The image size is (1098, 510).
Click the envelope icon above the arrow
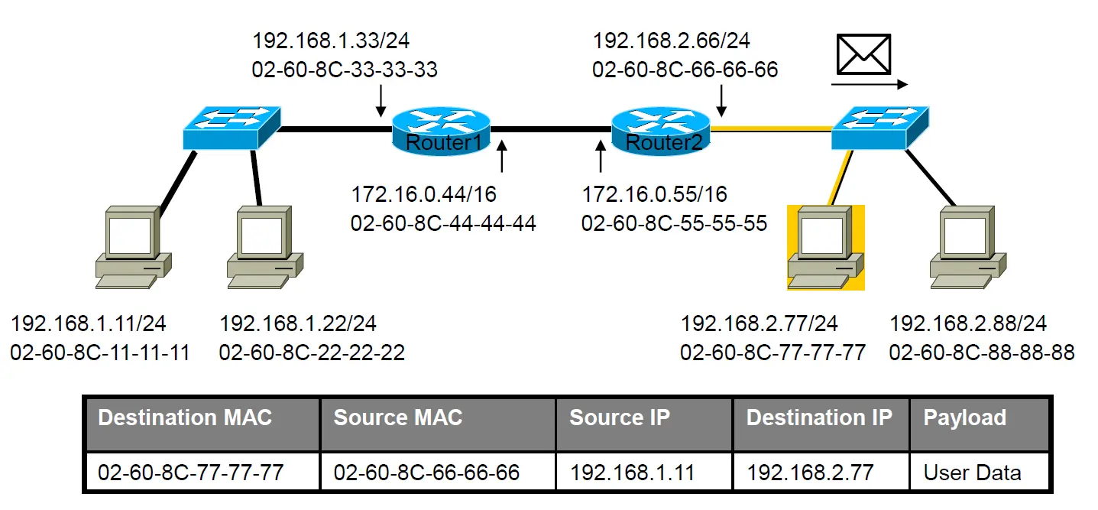tap(863, 54)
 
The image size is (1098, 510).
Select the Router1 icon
tap(441, 131)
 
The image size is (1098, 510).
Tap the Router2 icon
tap(661, 131)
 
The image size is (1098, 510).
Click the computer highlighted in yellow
tap(825, 248)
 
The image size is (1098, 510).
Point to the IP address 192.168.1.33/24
tap(331, 41)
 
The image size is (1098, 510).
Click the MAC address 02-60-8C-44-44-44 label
tap(443, 223)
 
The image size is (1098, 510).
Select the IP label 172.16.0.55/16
tap(654, 195)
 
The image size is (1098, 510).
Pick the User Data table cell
tap(980, 472)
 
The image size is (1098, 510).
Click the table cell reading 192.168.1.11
tap(644, 472)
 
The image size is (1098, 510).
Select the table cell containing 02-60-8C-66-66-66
tap(439, 472)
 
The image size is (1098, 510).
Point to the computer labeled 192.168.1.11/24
tap(133, 248)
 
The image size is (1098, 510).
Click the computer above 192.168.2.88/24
tap(968, 248)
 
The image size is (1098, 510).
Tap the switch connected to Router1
tap(232, 128)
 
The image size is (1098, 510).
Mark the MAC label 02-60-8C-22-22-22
tap(312, 352)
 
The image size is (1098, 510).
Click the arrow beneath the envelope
tap(870, 84)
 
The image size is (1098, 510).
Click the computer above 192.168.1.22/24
tap(265, 248)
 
